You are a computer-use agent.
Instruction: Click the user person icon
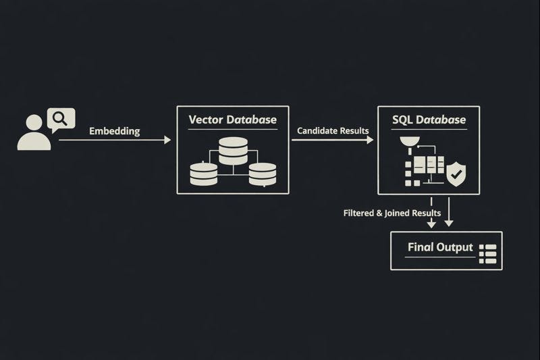pos(34,133)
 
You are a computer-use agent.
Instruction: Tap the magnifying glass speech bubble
pos(61,120)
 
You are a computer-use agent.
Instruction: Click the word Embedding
pos(115,131)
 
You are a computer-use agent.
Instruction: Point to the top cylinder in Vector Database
pos(233,150)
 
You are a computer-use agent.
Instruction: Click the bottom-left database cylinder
pos(204,174)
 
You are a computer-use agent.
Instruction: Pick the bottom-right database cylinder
pos(263,174)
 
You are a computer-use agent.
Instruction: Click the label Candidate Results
pos(333,130)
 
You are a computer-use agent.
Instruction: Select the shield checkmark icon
pos(456,175)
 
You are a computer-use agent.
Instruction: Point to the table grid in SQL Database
pos(429,166)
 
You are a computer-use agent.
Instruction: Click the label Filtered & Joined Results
pos(392,213)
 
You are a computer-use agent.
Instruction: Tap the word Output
pos(454,247)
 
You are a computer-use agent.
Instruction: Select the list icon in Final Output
pos(487,254)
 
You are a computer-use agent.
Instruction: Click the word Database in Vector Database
pos(251,120)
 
